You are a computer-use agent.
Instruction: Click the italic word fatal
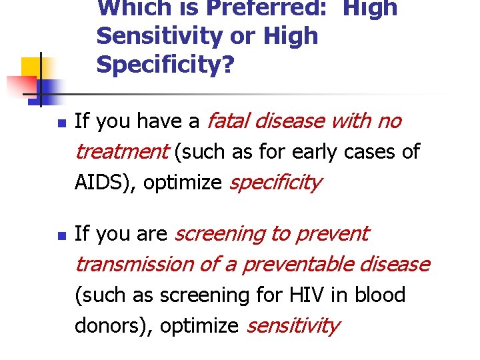click(229, 121)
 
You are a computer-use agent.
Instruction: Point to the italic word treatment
click(121, 151)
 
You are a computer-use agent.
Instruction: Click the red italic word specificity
click(275, 182)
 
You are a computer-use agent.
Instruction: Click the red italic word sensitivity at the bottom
click(293, 325)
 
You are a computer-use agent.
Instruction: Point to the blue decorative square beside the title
click(49, 88)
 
